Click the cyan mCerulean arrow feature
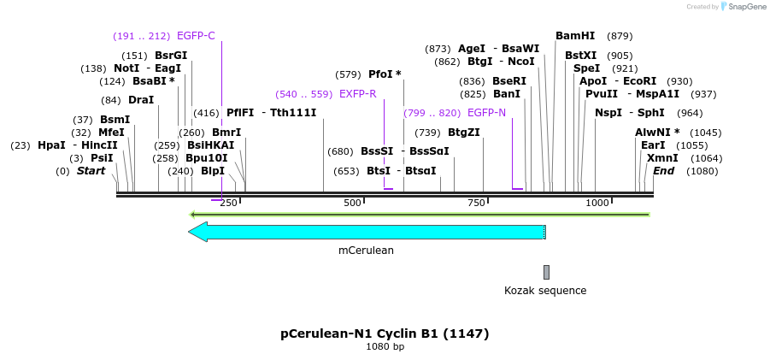tap(367, 232)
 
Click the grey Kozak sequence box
tap(546, 272)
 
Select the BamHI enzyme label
tap(575, 36)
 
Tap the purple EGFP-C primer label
tap(196, 36)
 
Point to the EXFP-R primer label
tap(357, 94)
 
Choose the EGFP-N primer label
tap(486, 113)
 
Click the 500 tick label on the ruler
tap(352, 203)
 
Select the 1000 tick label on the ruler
tap(597, 203)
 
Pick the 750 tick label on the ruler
tap(476, 203)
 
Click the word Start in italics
tap(91, 171)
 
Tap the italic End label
tap(663, 171)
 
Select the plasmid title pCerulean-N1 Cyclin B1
tap(385, 333)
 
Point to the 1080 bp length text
tap(385, 346)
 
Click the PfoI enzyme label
tap(380, 74)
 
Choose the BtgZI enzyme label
tap(464, 133)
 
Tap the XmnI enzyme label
tap(662, 158)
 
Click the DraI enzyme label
tap(141, 100)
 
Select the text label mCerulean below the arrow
tap(366, 251)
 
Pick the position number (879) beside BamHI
tap(620, 36)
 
